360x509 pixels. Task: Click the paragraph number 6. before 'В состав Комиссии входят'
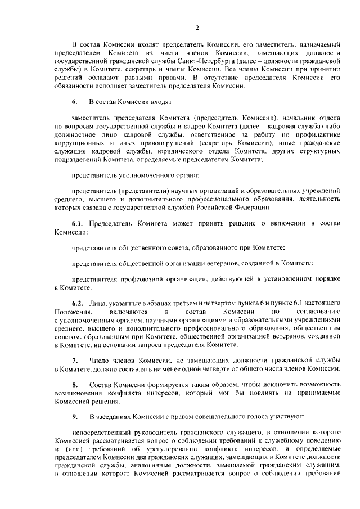click(x=74, y=102)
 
